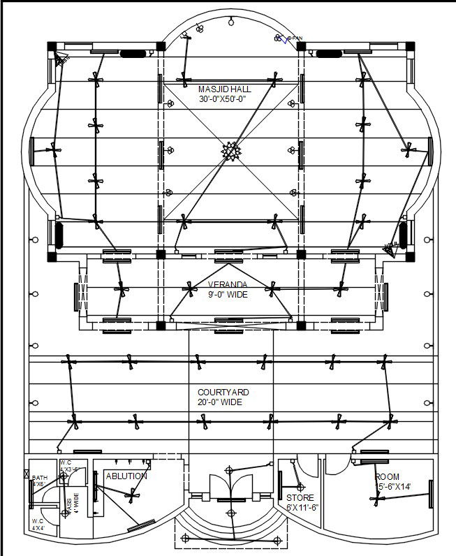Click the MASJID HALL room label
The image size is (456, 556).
click(224, 89)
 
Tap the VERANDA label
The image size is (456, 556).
click(228, 284)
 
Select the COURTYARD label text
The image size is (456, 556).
click(223, 393)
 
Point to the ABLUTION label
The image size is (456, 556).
click(126, 476)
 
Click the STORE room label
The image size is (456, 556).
click(300, 498)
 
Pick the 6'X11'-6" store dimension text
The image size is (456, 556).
click(302, 508)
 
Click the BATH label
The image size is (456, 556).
click(39, 478)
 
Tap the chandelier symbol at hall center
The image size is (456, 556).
click(230, 150)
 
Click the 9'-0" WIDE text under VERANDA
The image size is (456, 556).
click(228, 294)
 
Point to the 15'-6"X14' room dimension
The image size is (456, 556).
click(393, 487)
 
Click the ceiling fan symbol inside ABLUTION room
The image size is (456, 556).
click(129, 495)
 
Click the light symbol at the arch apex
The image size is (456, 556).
click(229, 23)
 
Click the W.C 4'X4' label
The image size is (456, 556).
click(38, 525)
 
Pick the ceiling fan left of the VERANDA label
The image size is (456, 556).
click(190, 286)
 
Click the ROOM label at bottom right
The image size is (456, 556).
click(388, 477)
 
